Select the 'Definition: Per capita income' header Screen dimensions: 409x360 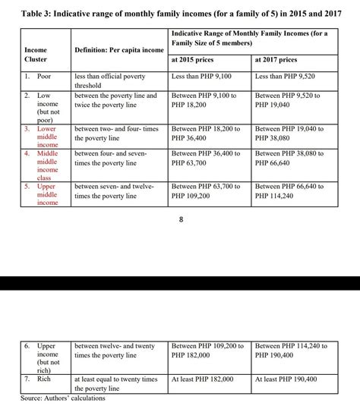[119, 50]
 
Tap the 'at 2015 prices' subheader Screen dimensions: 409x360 [194, 59]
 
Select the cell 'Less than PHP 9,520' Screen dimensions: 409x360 [286, 77]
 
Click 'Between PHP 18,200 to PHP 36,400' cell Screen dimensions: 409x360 [206, 134]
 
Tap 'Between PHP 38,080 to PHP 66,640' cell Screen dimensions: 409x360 [288, 158]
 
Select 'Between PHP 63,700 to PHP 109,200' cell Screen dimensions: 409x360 [206, 190]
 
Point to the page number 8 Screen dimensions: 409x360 [180, 220]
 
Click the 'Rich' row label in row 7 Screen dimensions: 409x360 [44, 378]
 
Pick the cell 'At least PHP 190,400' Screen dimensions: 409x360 [286, 378]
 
